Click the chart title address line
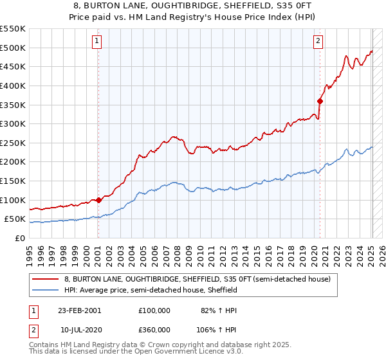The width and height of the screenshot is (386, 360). coord(193,6)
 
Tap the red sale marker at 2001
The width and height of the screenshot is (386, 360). coord(98,200)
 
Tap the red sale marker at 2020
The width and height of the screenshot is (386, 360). coord(320,100)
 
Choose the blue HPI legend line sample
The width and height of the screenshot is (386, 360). coord(46,291)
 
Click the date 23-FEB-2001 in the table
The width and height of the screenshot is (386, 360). coord(79,310)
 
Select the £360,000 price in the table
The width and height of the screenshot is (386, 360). coord(154,329)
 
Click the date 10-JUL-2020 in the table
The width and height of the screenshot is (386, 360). coord(79,329)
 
